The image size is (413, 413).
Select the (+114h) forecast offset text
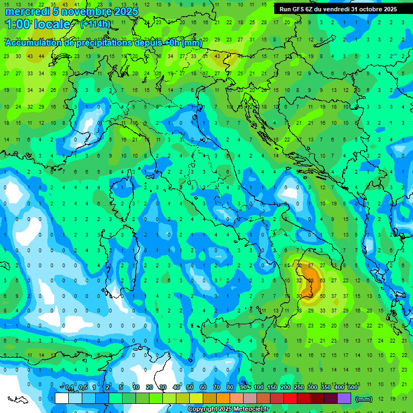95,24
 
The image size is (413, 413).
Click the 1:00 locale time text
38,24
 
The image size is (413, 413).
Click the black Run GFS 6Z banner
338,9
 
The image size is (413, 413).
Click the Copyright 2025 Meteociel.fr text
228,409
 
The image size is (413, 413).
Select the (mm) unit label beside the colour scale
364,399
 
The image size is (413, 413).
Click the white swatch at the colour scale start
62,398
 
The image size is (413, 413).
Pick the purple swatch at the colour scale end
344,398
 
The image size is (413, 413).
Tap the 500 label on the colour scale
352,388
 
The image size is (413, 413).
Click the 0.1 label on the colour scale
70,388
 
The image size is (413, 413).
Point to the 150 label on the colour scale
272,388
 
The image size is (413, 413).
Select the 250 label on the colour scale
299,388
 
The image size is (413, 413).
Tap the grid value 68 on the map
311,280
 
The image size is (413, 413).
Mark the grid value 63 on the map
322,280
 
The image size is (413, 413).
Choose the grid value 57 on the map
311,265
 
